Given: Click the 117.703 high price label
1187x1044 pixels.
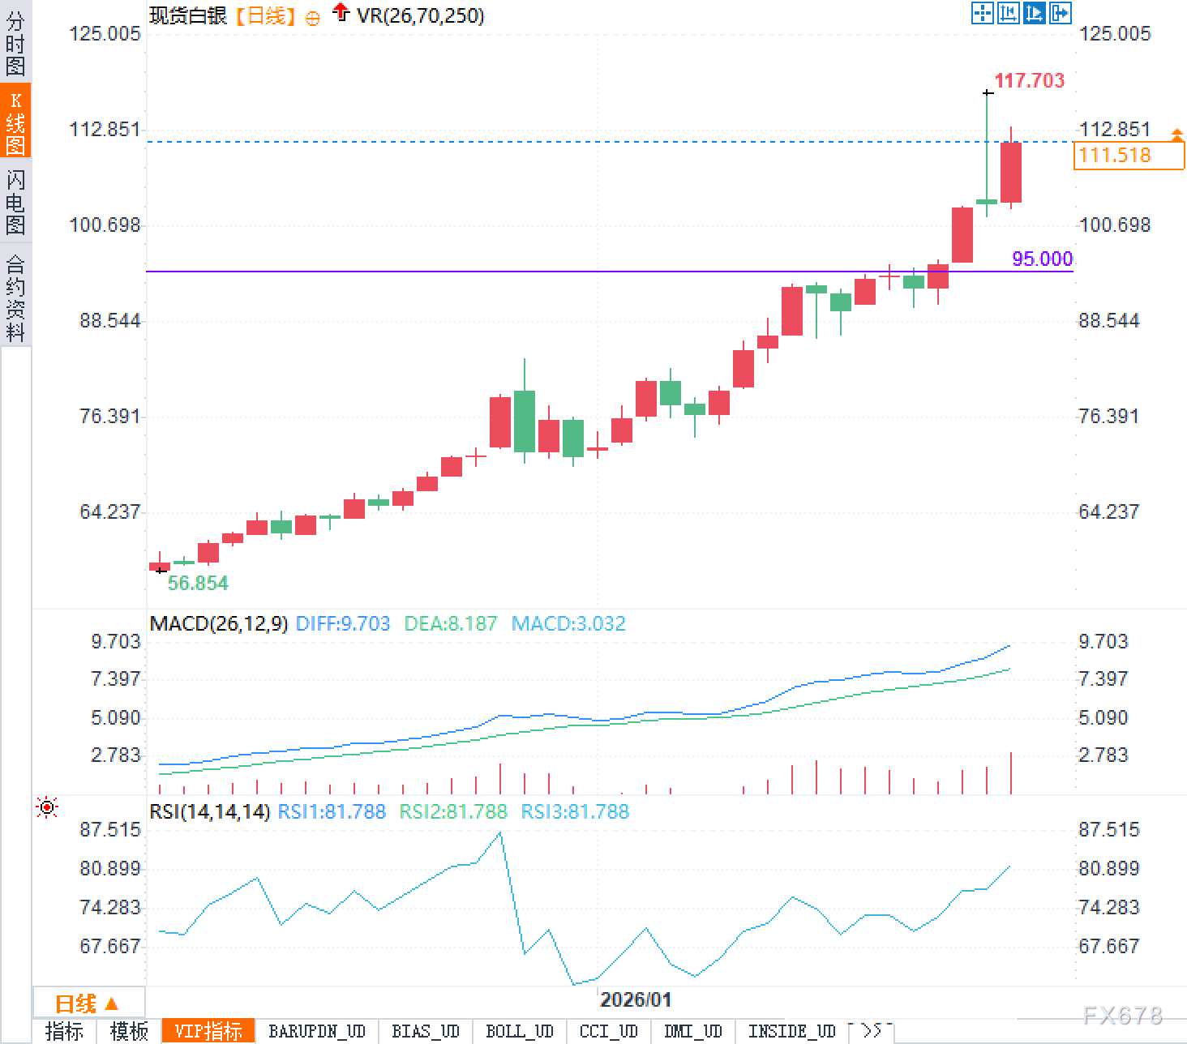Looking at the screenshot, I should point(1029,80).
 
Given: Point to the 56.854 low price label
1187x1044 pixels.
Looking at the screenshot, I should point(198,583).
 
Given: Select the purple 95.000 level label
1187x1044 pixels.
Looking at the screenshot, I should point(1042,259).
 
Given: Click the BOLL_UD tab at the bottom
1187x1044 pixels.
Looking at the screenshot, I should point(519,1031).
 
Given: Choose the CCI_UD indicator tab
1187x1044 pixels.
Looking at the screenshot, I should point(608,1031).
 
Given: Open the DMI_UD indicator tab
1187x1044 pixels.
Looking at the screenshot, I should point(692,1031).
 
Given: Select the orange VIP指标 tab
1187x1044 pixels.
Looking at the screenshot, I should point(208,1031).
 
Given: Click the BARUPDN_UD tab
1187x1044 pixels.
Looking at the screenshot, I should point(317,1031).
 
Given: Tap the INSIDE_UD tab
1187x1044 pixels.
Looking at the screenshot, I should point(791,1031).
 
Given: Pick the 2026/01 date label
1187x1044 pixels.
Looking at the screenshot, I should point(636,999).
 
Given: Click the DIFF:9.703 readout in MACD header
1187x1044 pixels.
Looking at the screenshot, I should point(343,623).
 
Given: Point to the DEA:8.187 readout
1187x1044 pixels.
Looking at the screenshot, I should point(451,623).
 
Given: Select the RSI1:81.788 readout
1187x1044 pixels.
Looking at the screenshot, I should point(332,811).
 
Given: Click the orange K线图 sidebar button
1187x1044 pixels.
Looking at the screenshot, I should point(15,122).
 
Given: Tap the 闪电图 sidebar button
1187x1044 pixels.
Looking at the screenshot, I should point(15,202).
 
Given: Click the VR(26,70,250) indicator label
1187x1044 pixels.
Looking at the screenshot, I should point(420,15).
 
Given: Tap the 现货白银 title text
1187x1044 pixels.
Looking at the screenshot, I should point(188,15).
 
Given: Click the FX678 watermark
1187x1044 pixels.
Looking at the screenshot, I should point(1122,1015).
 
